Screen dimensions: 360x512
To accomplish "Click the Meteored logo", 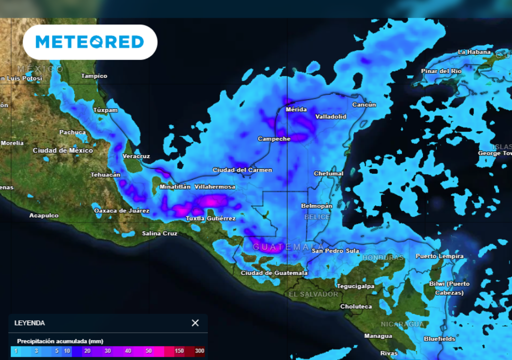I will pyautogui.click(x=90, y=42).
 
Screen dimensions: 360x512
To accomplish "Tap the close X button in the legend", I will pyautogui.click(x=195, y=323).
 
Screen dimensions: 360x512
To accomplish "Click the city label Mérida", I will pyautogui.click(x=296, y=109).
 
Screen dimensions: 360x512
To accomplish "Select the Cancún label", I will pyautogui.click(x=364, y=105).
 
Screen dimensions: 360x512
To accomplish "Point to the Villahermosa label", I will pyautogui.click(x=214, y=186).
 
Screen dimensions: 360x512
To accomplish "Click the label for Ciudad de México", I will pyautogui.click(x=63, y=150).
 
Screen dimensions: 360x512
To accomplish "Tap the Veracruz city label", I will pyautogui.click(x=136, y=156).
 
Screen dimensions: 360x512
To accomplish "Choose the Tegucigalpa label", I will pyautogui.click(x=355, y=286).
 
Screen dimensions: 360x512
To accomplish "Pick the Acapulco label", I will pyautogui.click(x=44, y=215).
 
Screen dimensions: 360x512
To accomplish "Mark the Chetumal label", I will pyautogui.click(x=328, y=173).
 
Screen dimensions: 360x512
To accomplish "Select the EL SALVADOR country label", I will pyautogui.click(x=313, y=294).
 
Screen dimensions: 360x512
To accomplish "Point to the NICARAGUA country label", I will pyautogui.click(x=402, y=324).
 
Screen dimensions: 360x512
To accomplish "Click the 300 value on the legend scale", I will pyautogui.click(x=199, y=351).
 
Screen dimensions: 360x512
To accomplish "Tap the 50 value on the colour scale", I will pyautogui.click(x=148, y=351).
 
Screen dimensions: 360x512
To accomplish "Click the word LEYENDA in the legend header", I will pyautogui.click(x=29, y=323).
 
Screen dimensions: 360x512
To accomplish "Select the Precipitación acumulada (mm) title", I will pyautogui.click(x=60, y=341).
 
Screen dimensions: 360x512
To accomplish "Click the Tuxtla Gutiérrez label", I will pyautogui.click(x=210, y=218).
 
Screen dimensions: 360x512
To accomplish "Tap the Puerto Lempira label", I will pyautogui.click(x=439, y=256).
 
